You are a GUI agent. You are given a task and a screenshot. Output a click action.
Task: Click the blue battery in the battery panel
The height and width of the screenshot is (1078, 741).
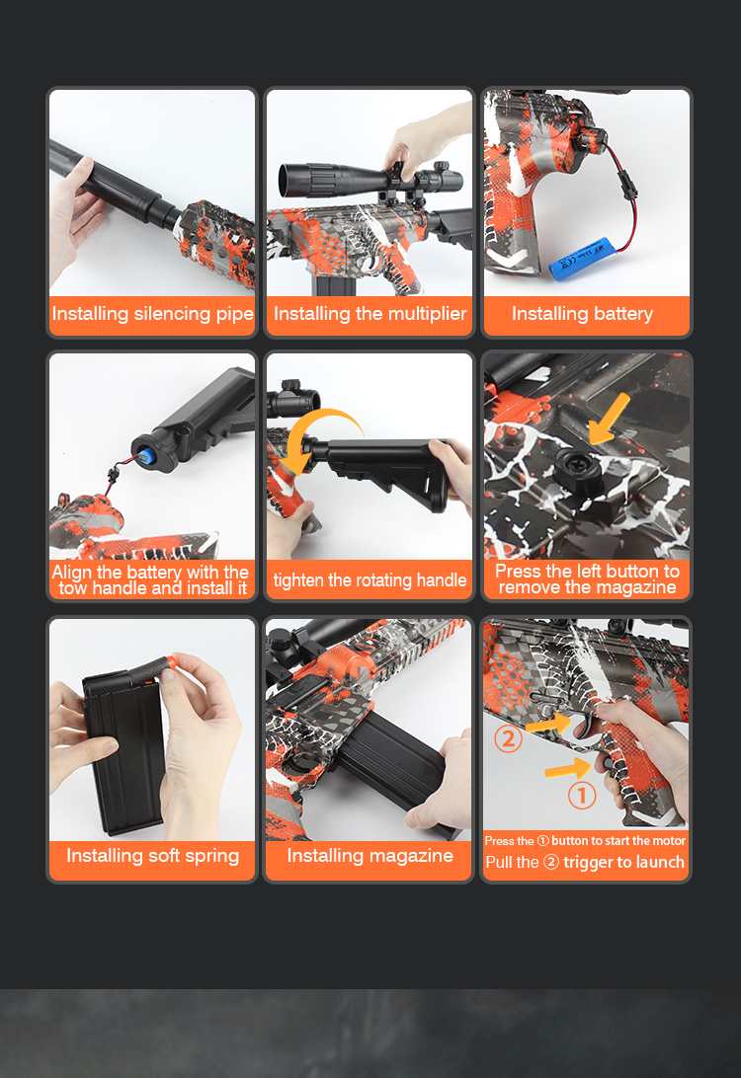579,259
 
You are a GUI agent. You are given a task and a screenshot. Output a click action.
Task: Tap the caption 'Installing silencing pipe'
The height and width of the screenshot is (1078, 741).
152,314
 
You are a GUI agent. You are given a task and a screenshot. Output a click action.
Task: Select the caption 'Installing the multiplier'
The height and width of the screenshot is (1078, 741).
370,314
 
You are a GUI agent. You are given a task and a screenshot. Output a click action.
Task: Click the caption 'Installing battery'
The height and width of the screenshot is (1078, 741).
582,314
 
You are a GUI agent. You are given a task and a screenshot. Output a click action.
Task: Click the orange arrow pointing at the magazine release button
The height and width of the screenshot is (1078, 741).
610,418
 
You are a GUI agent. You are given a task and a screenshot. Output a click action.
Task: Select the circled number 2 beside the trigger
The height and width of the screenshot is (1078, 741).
509,738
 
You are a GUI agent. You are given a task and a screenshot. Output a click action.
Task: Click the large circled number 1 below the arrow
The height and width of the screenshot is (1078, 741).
581,796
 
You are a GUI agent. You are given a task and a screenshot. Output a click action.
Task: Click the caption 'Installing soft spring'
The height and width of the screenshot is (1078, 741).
153,856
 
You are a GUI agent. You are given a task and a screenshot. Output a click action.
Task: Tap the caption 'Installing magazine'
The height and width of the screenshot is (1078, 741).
370,856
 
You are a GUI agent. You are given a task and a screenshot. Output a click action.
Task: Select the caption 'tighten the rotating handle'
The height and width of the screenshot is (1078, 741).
370,580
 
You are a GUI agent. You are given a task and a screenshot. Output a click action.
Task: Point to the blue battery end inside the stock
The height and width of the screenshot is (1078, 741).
145,455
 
